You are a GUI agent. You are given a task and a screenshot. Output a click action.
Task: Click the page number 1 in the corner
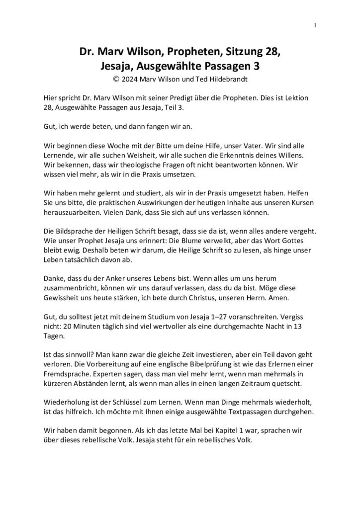315,25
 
